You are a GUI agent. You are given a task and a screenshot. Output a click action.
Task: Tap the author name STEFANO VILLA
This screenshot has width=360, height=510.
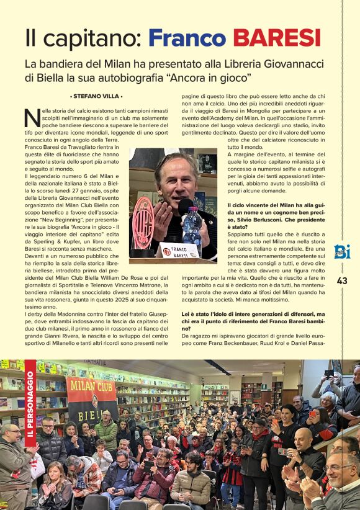(96, 97)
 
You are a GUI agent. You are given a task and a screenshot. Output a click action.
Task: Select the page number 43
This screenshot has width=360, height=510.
(342, 280)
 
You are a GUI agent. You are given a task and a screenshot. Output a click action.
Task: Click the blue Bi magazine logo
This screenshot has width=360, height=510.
(342, 252)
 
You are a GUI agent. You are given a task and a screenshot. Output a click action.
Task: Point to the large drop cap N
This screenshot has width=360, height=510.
(32, 117)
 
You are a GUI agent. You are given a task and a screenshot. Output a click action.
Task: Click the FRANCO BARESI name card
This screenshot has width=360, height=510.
(175, 252)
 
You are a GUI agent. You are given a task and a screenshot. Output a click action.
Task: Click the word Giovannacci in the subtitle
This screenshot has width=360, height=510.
(292, 63)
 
